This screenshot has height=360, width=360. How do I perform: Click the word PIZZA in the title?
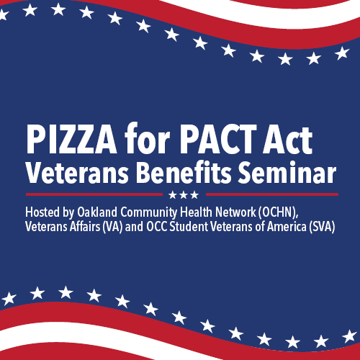71,139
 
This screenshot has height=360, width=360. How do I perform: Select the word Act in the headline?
287,139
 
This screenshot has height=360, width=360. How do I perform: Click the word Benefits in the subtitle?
184,173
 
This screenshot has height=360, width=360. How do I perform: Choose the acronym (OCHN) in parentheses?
278,212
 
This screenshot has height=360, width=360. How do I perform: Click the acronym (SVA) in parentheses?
322,227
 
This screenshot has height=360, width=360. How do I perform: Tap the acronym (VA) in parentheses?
112,227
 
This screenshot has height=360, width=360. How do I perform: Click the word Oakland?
97,212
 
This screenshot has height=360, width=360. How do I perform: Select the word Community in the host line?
148,213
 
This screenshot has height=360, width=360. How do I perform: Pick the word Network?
235,212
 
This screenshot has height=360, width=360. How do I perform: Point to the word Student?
189,227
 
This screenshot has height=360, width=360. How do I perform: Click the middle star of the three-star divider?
184,195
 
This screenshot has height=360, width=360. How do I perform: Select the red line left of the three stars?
94,194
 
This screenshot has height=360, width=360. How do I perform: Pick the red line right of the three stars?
272,194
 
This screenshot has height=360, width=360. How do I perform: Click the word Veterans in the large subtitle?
77,173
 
